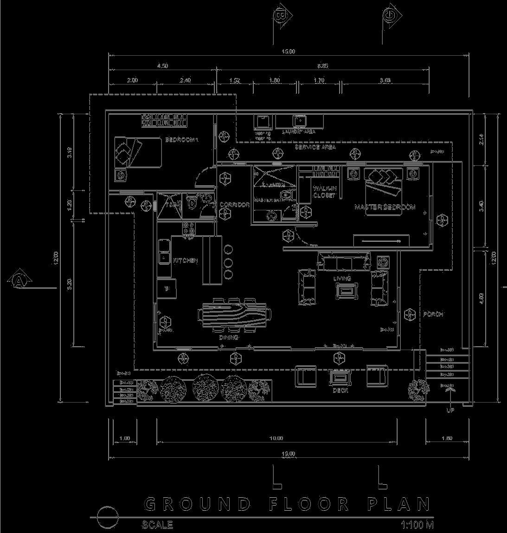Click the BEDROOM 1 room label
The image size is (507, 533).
point(181,139)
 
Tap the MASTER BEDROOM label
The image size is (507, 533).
point(385,207)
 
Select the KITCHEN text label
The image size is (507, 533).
point(186,261)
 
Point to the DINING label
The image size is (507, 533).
point(229,338)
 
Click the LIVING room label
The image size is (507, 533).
point(342,279)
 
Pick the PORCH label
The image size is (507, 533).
point(433,314)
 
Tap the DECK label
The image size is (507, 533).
point(340,390)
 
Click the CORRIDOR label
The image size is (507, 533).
point(235,205)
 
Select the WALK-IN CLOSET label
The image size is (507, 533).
point(324,192)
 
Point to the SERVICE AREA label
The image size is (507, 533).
point(315,147)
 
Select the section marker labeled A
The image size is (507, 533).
point(19,280)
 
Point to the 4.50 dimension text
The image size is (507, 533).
point(162,66)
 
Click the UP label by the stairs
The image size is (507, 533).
point(449,410)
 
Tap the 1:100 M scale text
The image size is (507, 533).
point(417,525)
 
